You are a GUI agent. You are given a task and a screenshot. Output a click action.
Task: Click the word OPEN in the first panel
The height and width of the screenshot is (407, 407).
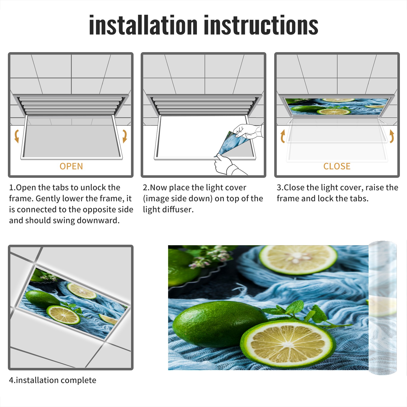(x=71, y=166)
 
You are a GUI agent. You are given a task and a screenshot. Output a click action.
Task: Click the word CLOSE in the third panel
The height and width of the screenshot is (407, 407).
(x=337, y=166)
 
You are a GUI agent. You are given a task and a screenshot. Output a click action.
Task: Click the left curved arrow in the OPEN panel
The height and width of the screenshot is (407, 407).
(x=17, y=136)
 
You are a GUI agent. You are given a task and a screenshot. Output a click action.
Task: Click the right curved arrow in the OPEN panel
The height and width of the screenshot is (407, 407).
(x=125, y=136)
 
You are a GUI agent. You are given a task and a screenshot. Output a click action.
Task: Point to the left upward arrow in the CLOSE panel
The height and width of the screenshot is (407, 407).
(x=283, y=136)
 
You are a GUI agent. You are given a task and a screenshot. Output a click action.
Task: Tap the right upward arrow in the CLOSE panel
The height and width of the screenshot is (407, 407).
(x=392, y=136)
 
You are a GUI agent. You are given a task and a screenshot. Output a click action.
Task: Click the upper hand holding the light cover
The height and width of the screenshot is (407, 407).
(x=248, y=131)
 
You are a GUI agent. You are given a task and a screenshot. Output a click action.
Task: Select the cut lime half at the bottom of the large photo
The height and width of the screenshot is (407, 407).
(x=287, y=342)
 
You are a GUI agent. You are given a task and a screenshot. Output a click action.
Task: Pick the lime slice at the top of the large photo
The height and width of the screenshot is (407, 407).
(x=298, y=259)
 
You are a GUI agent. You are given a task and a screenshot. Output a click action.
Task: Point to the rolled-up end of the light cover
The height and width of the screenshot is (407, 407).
(x=383, y=308)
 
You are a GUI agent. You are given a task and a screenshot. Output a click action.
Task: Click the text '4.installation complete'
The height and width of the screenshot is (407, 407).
(x=53, y=380)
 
